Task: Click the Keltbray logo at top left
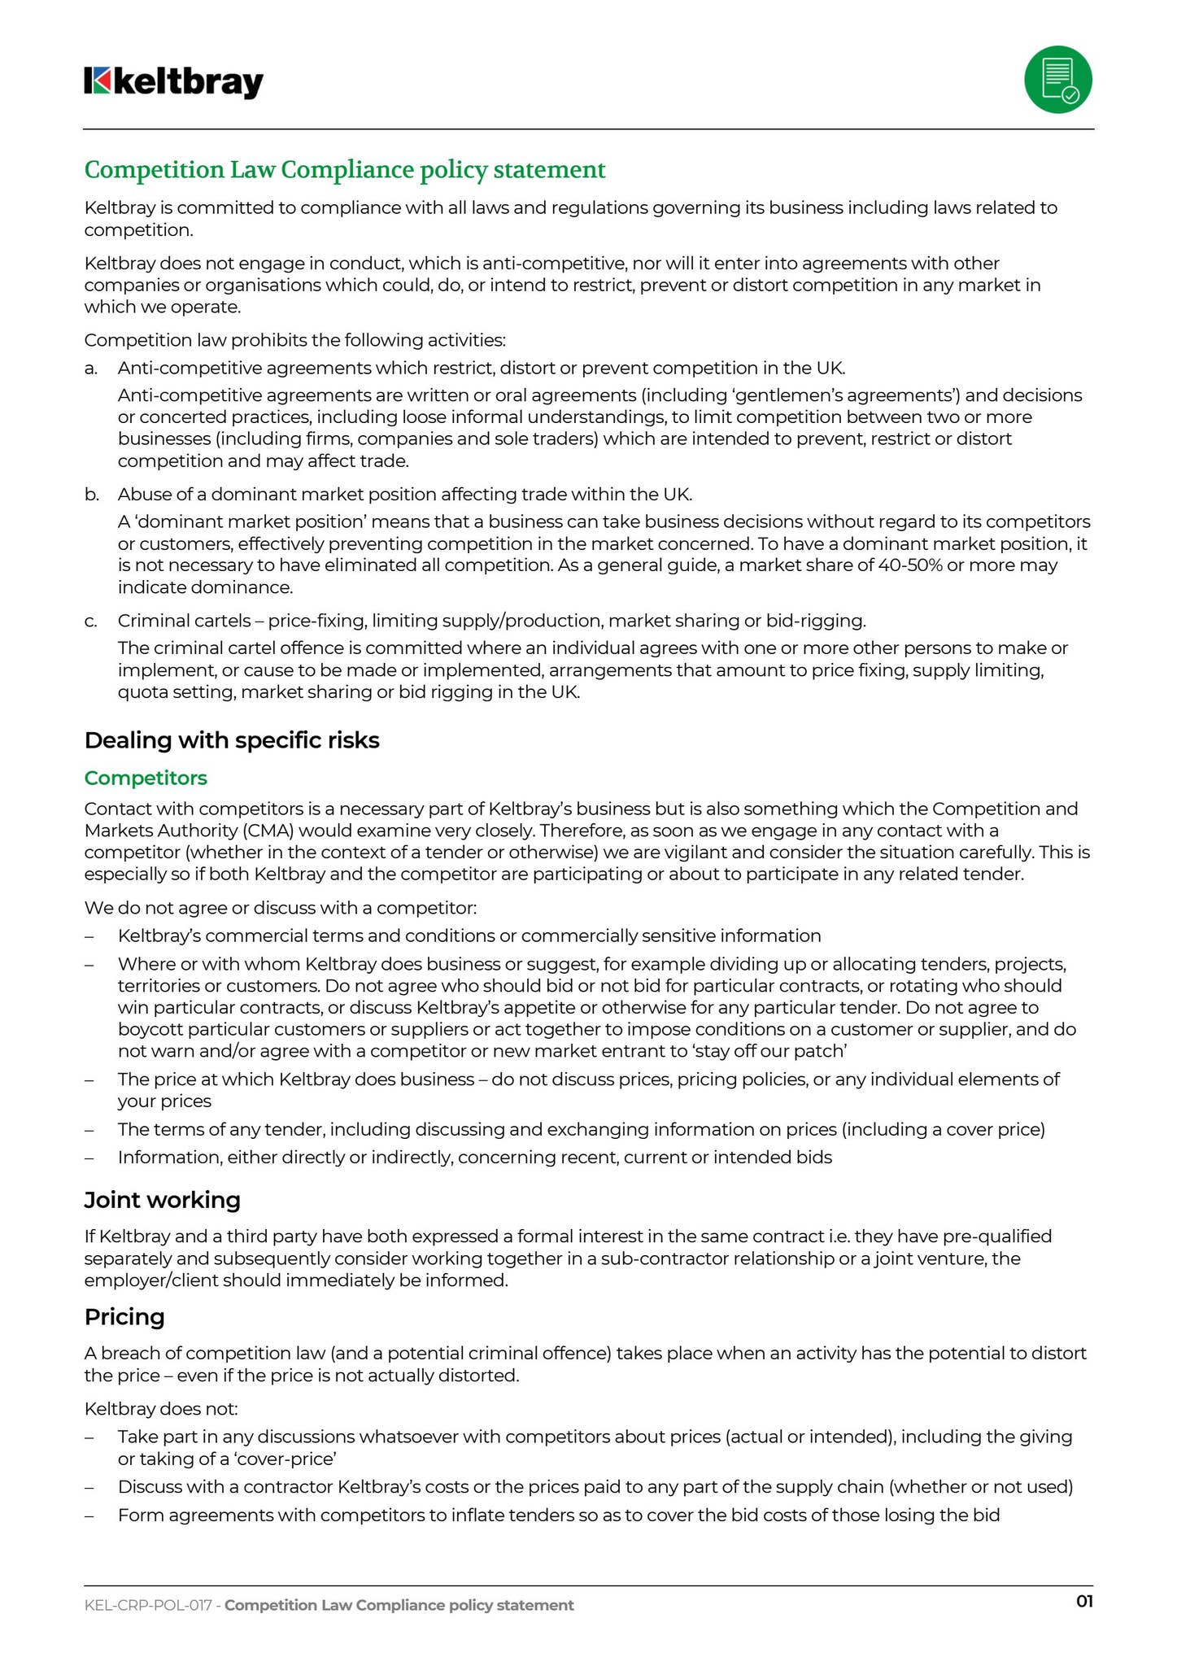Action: (x=174, y=82)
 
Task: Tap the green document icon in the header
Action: (x=1057, y=80)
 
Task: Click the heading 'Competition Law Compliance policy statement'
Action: (x=345, y=170)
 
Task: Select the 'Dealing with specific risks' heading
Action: (x=232, y=740)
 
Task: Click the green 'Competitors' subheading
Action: (x=146, y=778)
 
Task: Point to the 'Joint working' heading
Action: (x=163, y=1200)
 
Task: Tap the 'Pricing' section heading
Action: (x=124, y=1316)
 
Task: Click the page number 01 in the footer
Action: (x=1084, y=1601)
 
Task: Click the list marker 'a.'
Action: (x=91, y=368)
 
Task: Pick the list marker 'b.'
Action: (x=91, y=494)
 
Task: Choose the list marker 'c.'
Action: (x=91, y=621)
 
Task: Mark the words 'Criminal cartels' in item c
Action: (x=184, y=621)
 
